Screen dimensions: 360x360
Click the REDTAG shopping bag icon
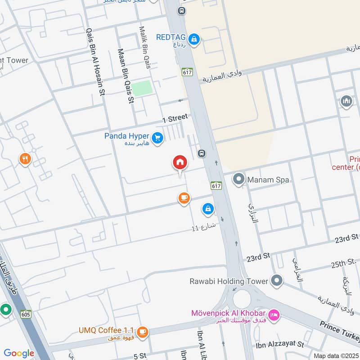(194, 40)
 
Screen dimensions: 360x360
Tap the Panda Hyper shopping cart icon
(157, 138)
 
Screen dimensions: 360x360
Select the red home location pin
(180, 163)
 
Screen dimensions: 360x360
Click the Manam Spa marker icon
(238, 180)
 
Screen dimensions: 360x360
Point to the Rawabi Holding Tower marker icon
(277, 281)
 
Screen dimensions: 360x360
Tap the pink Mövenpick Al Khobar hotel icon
(273, 314)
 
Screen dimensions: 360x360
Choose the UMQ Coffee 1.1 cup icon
(143, 332)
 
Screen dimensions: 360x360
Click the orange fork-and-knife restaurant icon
(25, 159)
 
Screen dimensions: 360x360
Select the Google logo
(19, 353)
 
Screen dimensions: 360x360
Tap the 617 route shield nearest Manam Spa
(216, 185)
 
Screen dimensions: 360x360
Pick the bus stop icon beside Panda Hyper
(202, 153)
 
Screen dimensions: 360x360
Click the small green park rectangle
(142, 88)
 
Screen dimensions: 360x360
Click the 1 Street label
(175, 118)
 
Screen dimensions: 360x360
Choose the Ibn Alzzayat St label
(280, 345)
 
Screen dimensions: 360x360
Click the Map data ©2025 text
(336, 355)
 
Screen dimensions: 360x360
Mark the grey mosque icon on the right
(346, 101)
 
